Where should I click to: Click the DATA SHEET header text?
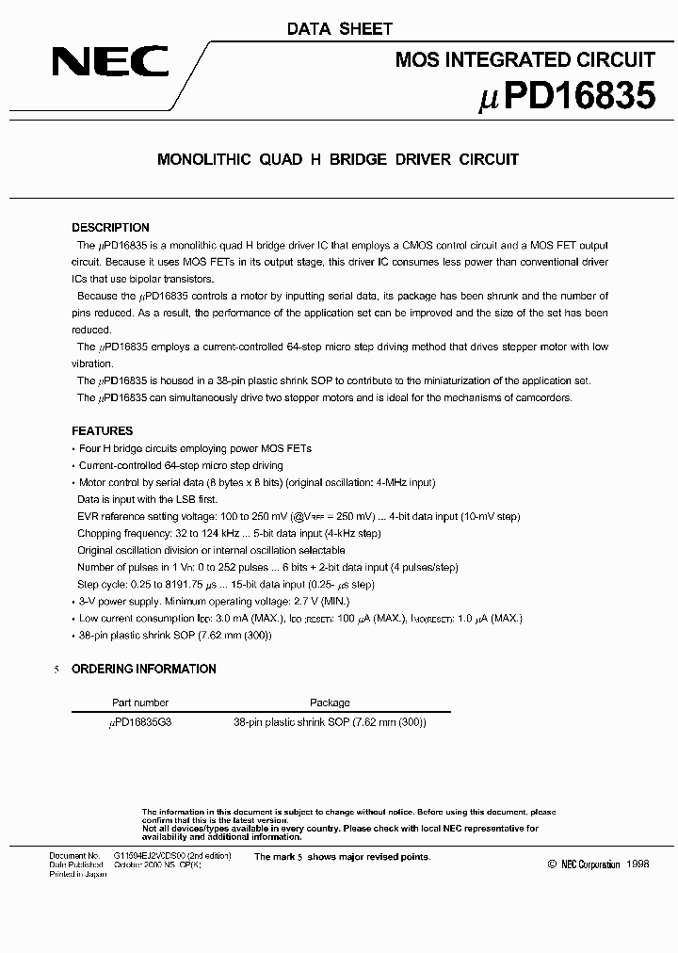tap(339, 30)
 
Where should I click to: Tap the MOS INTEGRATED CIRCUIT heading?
tap(525, 60)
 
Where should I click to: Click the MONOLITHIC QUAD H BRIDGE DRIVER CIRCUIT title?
tap(337, 160)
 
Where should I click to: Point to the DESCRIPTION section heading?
tap(110, 228)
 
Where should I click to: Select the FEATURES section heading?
tap(102, 431)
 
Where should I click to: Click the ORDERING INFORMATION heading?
tap(144, 670)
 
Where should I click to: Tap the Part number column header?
tap(139, 703)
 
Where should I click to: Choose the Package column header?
tap(330, 703)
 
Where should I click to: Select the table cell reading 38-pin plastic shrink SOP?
tap(330, 722)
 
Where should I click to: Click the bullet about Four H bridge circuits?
tap(194, 449)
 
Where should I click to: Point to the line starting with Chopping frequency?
tap(229, 533)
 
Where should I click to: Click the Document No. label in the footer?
tap(74, 856)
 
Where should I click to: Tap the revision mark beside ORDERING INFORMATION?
tap(56, 670)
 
